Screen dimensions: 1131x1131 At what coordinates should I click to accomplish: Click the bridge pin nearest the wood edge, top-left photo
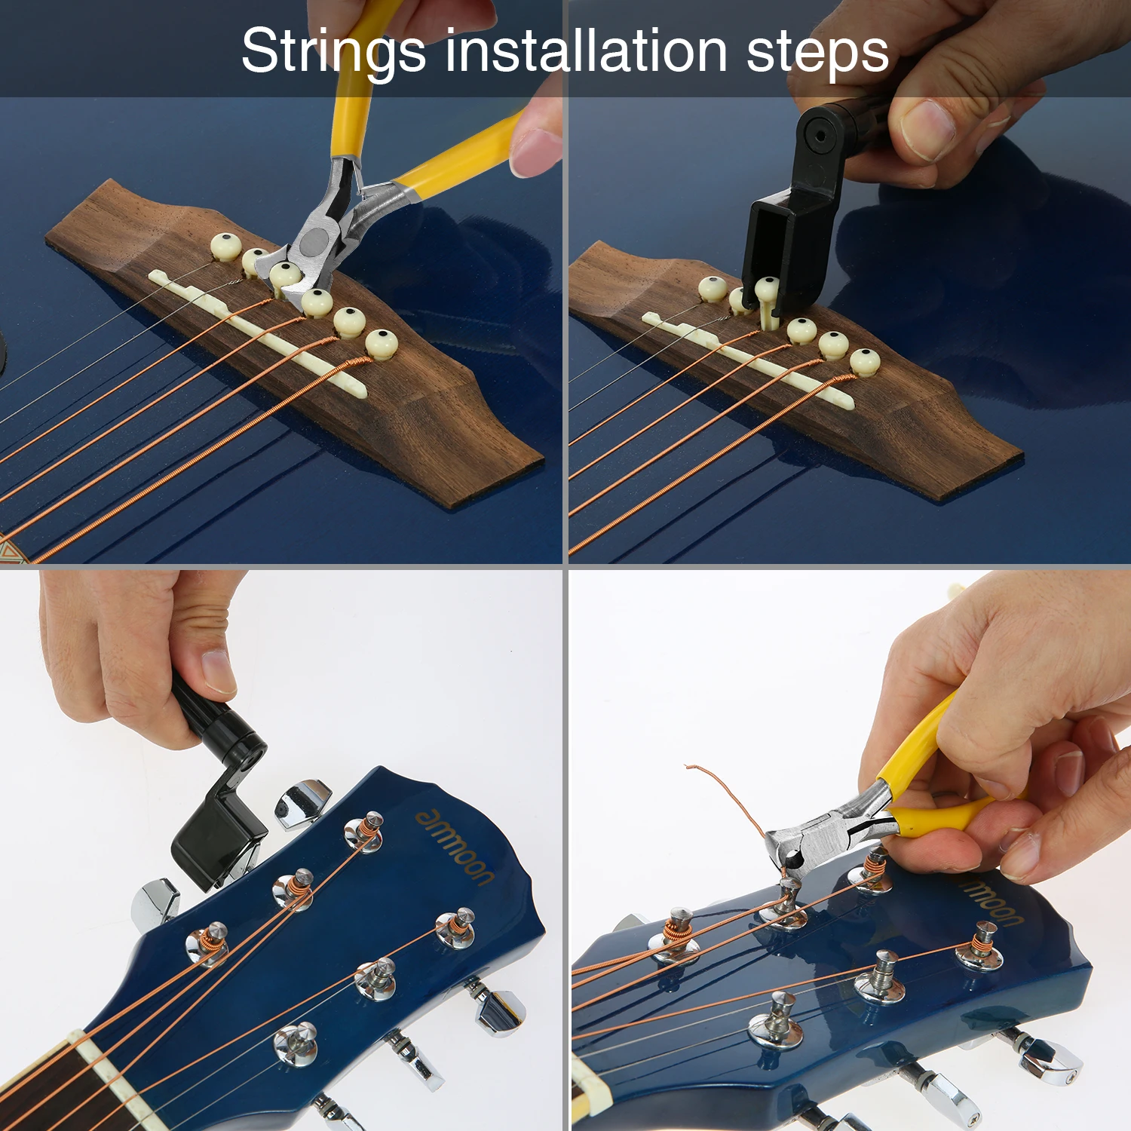pos(382,343)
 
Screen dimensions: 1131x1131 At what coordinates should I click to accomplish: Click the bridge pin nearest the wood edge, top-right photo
pos(865,360)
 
